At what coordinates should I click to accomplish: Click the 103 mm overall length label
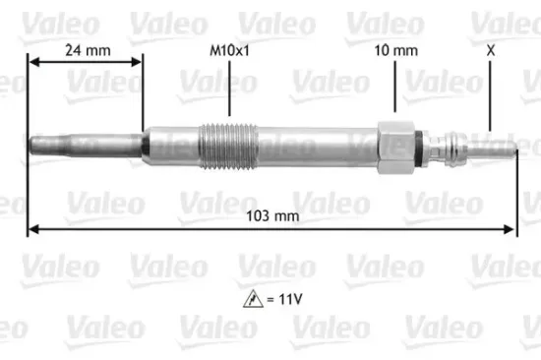(270, 213)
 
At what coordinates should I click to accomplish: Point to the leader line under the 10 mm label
(393, 87)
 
